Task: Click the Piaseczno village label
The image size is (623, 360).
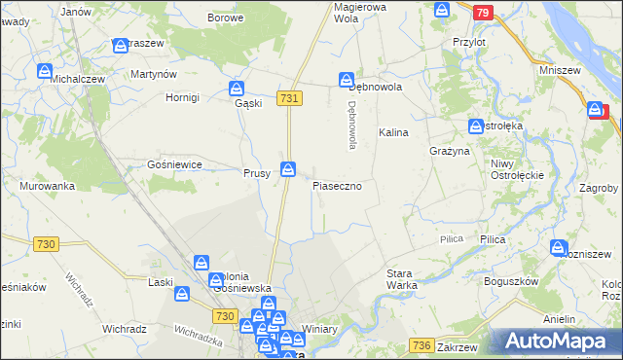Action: (x=337, y=185)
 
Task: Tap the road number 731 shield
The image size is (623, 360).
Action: (x=289, y=98)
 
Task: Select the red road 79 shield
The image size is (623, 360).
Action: (x=483, y=13)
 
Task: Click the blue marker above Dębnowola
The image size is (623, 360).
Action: (x=346, y=79)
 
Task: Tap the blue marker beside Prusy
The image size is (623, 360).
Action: (x=288, y=170)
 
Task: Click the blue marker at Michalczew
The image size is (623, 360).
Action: (x=44, y=71)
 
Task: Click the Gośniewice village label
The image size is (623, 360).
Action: (x=173, y=165)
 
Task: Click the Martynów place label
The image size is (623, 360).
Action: (x=153, y=75)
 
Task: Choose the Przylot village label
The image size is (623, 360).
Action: (x=469, y=43)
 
